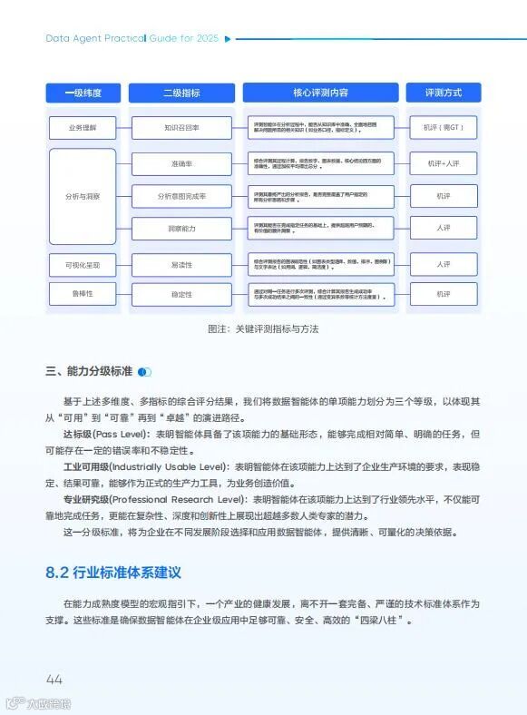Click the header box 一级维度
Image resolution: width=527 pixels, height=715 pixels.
pyautogui.click(x=83, y=93)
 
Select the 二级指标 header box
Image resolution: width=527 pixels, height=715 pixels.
pyautogui.click(x=181, y=93)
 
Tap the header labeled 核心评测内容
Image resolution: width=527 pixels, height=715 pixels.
pyautogui.click(x=320, y=93)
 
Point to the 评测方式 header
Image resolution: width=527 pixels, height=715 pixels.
pyautogui.click(x=444, y=93)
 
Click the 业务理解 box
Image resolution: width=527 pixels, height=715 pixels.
pyautogui.click(x=83, y=128)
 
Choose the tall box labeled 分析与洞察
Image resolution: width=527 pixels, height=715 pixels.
pyautogui.click(x=83, y=196)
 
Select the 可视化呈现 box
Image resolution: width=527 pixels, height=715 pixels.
pyautogui.click(x=83, y=265)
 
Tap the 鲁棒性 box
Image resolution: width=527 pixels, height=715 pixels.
pyautogui.click(x=83, y=294)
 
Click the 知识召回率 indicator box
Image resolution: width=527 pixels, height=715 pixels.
pyautogui.click(x=181, y=128)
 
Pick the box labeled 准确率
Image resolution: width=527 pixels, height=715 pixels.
pyautogui.click(x=181, y=163)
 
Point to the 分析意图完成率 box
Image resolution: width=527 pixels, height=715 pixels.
pyautogui.click(x=181, y=196)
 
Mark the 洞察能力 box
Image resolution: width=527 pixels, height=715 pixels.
pyautogui.click(x=181, y=228)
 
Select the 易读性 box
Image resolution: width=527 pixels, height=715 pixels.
pyautogui.click(x=181, y=265)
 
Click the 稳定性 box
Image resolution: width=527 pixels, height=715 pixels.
pyautogui.click(x=181, y=294)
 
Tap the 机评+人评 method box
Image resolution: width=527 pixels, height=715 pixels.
pyautogui.click(x=444, y=163)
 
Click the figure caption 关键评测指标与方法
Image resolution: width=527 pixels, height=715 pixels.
pyautogui.click(x=263, y=328)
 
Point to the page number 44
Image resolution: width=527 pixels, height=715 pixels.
pyautogui.click(x=54, y=680)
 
